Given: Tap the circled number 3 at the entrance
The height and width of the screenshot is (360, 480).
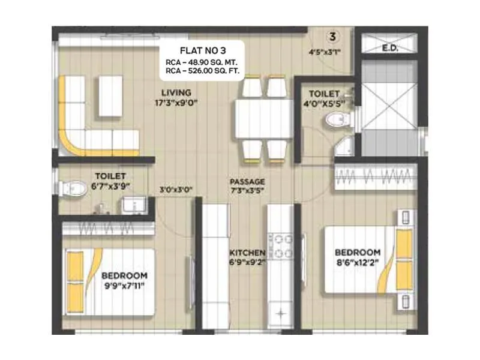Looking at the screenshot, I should [x=332, y=35].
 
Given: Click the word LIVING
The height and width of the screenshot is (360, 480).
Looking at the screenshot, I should [x=176, y=92].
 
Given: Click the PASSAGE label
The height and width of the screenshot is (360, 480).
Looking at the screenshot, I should [x=247, y=181].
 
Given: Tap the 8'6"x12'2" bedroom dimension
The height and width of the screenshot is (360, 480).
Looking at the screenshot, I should [x=358, y=262].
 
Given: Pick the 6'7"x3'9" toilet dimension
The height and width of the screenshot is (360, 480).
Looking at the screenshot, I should [x=110, y=186].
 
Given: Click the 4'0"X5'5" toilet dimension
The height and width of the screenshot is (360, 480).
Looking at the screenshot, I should [x=324, y=104].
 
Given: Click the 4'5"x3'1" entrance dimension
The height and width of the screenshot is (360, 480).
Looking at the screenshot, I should [x=324, y=52].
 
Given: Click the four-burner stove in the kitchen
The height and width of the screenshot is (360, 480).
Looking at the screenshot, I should [x=280, y=245].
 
